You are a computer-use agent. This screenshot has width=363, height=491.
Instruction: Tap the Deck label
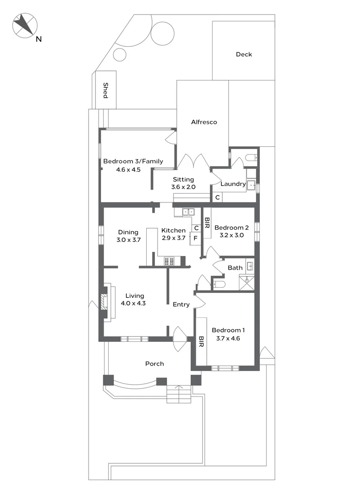(x=244, y=55)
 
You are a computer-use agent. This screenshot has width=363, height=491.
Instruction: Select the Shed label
(x=105, y=90)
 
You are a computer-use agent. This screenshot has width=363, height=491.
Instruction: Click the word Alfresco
(x=204, y=122)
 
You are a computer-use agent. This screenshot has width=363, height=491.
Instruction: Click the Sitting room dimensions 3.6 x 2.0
(x=183, y=187)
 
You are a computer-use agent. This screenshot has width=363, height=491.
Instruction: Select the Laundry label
(x=233, y=184)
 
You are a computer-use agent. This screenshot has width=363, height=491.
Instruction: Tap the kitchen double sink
(x=188, y=211)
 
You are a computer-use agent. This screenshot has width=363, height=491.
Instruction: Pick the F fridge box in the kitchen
(x=195, y=238)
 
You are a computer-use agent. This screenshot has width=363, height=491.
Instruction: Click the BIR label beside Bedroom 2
(x=207, y=223)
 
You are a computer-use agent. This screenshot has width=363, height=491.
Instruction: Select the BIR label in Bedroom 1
(x=201, y=342)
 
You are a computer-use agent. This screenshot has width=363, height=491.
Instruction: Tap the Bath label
(x=235, y=268)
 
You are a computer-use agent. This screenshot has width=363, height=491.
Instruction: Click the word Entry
(x=181, y=305)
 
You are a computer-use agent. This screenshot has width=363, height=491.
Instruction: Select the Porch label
(x=154, y=364)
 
